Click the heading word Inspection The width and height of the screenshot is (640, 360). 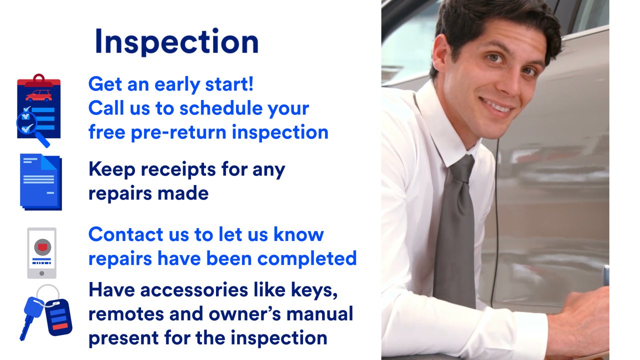click(177, 42)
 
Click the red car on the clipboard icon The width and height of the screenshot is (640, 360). click(39, 95)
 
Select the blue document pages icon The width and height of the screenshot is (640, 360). click(41, 182)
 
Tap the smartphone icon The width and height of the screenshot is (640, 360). click(41, 253)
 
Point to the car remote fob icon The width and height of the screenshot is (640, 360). click(58, 317)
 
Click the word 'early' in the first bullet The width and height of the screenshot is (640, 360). click(177, 84)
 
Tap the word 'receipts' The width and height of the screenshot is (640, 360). click(178, 169)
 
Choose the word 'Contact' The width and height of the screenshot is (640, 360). click(125, 234)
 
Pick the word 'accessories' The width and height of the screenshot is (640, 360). click(194, 290)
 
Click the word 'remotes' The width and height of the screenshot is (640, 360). click(126, 314)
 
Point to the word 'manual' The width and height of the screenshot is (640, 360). click(319, 313)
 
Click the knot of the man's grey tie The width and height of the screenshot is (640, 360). click(461, 169)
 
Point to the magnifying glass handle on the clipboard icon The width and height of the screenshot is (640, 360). click(43, 139)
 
